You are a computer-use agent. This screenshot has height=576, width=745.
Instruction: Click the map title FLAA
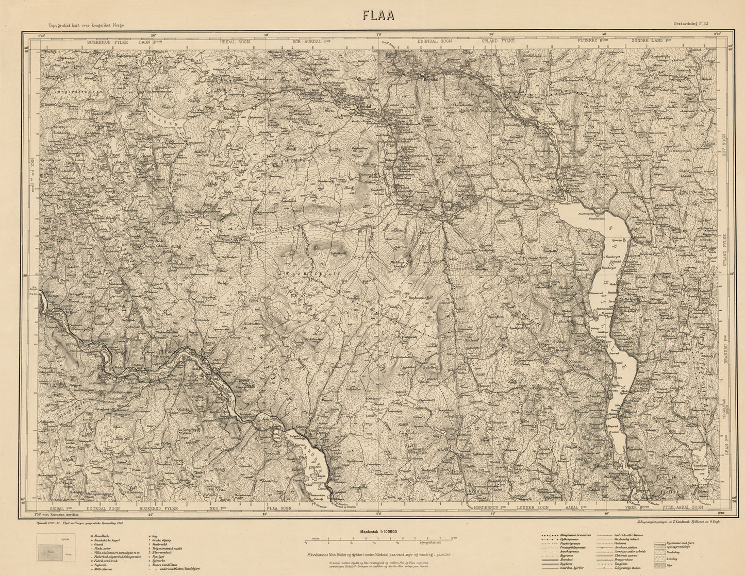tap(378, 15)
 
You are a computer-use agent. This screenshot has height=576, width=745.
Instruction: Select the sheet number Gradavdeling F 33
tap(690, 24)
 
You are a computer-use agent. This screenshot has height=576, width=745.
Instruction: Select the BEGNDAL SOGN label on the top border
tap(434, 41)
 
